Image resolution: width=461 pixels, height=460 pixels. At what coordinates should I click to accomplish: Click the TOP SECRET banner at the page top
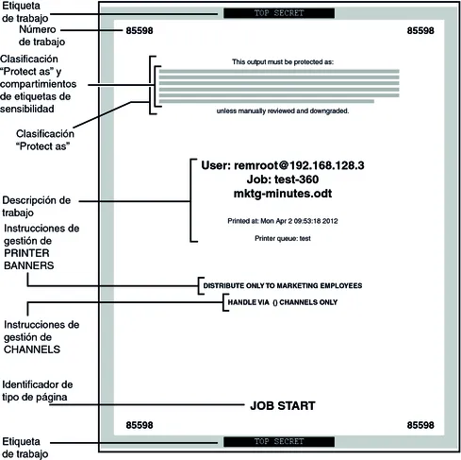[279, 13]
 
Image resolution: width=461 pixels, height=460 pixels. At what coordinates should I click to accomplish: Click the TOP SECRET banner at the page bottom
[279, 441]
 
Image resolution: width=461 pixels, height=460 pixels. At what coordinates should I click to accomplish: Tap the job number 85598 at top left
[140, 30]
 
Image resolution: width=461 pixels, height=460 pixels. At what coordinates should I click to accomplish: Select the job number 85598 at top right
[420, 30]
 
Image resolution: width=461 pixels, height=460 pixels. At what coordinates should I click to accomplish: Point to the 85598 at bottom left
[140, 425]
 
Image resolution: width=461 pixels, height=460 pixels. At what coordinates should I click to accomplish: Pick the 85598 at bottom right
[420, 425]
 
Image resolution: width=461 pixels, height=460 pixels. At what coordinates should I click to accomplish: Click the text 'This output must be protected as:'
[283, 61]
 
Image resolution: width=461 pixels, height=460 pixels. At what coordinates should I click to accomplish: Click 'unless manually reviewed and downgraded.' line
[283, 111]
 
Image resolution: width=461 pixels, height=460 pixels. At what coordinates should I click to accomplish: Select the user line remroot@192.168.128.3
[283, 165]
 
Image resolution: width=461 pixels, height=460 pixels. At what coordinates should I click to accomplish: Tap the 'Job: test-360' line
[283, 179]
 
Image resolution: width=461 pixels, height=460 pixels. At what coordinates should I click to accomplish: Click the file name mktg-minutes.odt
[283, 194]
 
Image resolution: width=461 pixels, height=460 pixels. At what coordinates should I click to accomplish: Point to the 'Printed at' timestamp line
[283, 221]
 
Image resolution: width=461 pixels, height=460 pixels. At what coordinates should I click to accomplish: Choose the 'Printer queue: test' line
[283, 238]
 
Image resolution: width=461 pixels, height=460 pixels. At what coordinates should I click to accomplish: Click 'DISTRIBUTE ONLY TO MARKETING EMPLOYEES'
[283, 285]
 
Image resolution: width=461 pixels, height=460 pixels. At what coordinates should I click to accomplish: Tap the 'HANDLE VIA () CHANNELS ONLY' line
[283, 302]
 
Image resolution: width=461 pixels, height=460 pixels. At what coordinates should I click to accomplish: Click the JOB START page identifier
[283, 405]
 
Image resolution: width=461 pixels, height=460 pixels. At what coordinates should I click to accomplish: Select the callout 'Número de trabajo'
[41, 36]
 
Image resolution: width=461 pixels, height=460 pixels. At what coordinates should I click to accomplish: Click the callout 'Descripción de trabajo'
[37, 206]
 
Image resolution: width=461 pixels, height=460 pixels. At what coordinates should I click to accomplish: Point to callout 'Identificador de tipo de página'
[38, 391]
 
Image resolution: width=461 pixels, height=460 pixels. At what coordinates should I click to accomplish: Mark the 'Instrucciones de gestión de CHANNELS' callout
[41, 337]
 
